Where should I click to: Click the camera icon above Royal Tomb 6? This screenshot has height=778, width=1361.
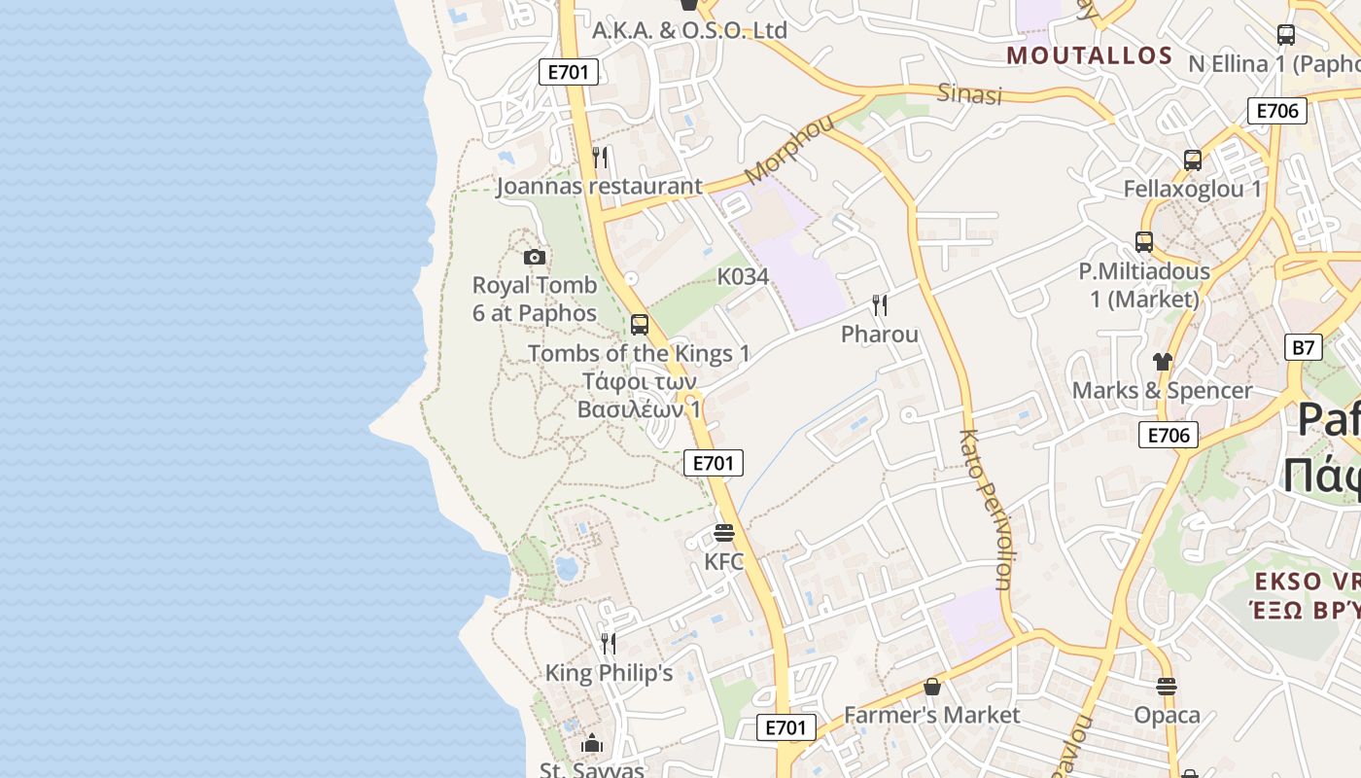(534, 258)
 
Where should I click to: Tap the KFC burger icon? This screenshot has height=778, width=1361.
(723, 533)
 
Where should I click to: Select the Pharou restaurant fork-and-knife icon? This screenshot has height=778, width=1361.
(880, 305)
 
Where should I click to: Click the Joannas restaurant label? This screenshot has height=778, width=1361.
(599, 186)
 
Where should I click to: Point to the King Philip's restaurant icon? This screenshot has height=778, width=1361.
(609, 643)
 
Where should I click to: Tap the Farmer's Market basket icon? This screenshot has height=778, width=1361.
(932, 687)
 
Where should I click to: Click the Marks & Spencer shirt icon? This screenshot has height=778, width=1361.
(1163, 362)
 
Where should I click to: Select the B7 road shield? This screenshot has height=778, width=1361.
(1304, 347)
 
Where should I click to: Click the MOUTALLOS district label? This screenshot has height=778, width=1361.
(1090, 55)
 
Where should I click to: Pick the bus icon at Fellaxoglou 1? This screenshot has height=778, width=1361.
(1193, 160)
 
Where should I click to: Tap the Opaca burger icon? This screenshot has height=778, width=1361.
(1167, 687)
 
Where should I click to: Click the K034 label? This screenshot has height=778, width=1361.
(743, 277)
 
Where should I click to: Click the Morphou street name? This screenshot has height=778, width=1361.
(789, 149)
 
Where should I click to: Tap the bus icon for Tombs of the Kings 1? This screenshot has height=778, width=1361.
(639, 325)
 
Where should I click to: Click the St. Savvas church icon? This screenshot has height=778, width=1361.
(592, 744)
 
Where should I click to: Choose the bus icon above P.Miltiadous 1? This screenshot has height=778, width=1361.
(1144, 242)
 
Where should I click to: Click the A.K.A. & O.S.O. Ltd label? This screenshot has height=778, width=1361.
(689, 30)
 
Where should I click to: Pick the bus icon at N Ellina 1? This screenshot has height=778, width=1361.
(1286, 35)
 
